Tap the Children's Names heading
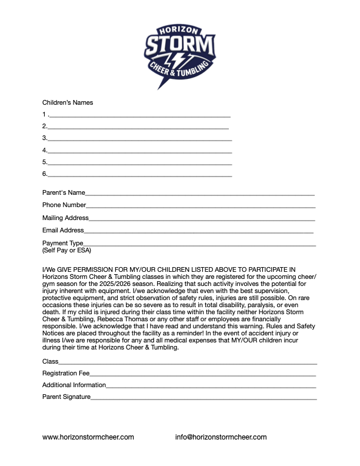(x=68, y=102)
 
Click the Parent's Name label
(x=64, y=192)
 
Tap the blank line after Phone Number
(x=201, y=206)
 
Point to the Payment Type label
(x=62, y=243)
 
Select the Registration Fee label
(x=66, y=373)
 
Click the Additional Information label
(x=74, y=385)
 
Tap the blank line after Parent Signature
(x=204, y=398)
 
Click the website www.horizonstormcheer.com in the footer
(x=88, y=437)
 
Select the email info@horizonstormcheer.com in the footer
(x=221, y=437)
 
